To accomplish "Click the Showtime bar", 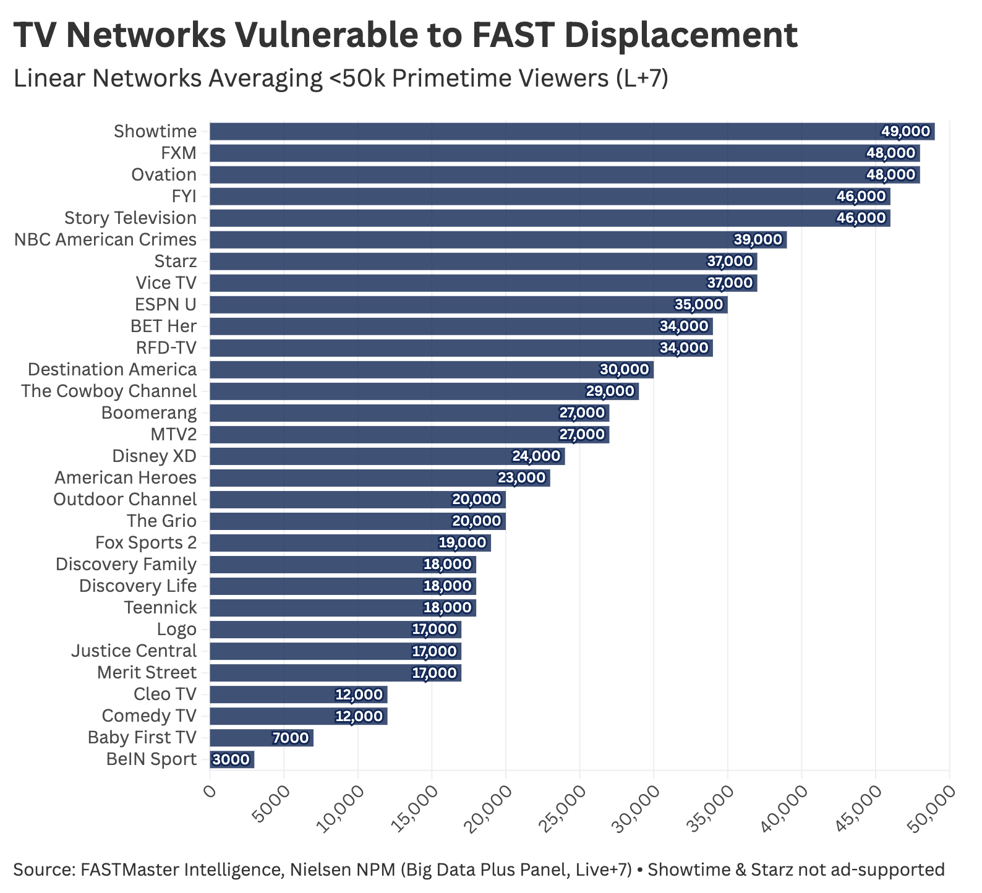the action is tap(572, 132).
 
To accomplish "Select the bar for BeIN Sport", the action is tap(232, 759).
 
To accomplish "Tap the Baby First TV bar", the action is tap(262, 738).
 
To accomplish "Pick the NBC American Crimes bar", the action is tap(498, 240).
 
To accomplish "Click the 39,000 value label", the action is tap(758, 240).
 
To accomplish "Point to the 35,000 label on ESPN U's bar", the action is tap(698, 305).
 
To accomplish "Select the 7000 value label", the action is tap(290, 738).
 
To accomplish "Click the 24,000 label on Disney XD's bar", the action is tap(536, 456).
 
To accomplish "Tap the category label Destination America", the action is tap(113, 370).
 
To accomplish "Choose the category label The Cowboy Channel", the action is tap(109, 391).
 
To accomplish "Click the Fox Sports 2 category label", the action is tap(146, 543).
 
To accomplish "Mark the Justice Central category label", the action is tap(134, 651).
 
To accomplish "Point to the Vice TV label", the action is tap(166, 283).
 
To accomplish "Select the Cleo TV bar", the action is tap(299, 694).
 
